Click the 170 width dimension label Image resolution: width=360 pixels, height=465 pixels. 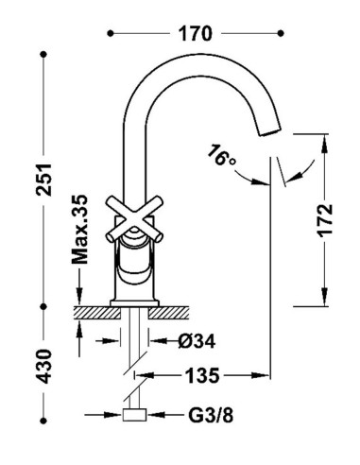click(x=195, y=34)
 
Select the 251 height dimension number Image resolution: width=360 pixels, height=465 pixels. click(x=43, y=180)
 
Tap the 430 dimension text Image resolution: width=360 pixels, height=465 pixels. click(x=43, y=366)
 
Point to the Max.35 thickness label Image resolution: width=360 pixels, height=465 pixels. click(x=79, y=230)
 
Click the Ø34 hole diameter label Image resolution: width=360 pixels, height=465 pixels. click(x=197, y=341)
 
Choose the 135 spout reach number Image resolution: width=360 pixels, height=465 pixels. click(x=202, y=375)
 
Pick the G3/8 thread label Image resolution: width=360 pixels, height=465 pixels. click(x=211, y=415)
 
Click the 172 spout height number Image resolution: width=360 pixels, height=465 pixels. click(x=325, y=220)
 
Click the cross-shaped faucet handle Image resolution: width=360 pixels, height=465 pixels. click(x=134, y=219)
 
